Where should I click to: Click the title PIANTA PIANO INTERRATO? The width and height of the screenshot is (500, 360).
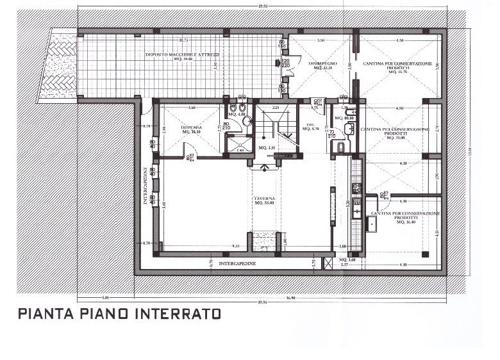tap(119, 314)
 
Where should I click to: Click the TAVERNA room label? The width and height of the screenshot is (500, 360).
tap(263, 201)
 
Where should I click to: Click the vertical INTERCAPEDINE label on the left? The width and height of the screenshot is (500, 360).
tap(146, 186)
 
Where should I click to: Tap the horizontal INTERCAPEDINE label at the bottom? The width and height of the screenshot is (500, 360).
tap(238, 263)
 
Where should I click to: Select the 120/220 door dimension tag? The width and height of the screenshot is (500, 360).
tap(285, 63)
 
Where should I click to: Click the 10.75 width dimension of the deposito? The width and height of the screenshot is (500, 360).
tap(183, 40)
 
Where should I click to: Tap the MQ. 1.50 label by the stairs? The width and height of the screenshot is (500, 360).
tap(267, 148)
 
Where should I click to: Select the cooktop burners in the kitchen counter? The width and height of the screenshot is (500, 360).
tap(356, 188)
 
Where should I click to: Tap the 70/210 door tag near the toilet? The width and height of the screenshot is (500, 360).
tap(332, 135)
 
